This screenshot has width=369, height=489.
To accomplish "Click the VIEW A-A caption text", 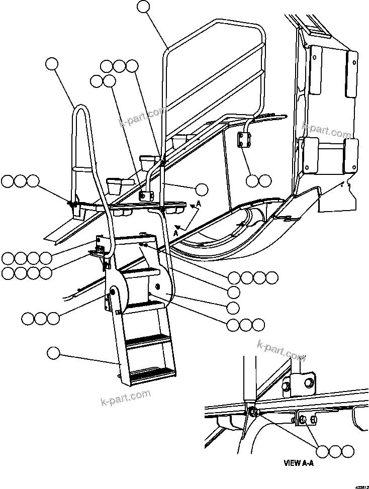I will coord(299,465).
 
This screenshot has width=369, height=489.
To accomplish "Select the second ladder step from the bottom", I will coord(147,340).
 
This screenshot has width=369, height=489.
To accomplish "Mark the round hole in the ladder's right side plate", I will coord(158,286).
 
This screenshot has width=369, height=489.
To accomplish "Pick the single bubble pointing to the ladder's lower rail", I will coord(53,353).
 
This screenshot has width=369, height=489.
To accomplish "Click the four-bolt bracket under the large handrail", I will coord(245,140).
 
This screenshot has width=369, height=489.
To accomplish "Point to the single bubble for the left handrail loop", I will coord(52,63).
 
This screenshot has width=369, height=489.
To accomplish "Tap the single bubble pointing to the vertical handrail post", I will coord(201,189).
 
